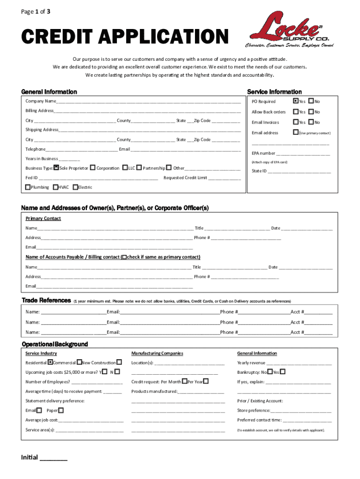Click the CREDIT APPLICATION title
(x=125, y=37)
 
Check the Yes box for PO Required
(x=295, y=101)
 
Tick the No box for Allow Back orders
(x=311, y=112)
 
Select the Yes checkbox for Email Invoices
(x=295, y=122)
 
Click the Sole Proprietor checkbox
(x=56, y=167)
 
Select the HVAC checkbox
(x=56, y=187)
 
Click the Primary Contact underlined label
(x=43, y=218)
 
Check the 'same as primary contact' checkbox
(x=124, y=257)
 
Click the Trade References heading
(x=46, y=300)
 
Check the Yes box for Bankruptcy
(x=282, y=372)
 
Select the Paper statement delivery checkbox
(x=61, y=410)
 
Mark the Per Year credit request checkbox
(x=206, y=382)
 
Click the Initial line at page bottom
(x=53, y=458)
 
